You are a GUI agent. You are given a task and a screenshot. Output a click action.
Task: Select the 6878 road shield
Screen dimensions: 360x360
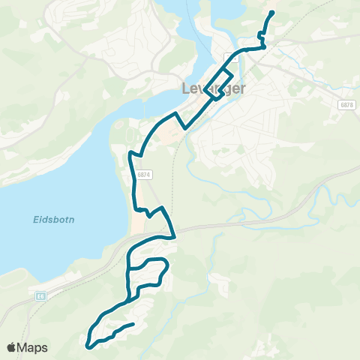(345, 104)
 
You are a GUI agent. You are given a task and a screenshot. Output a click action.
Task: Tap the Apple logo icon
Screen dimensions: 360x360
(11, 347)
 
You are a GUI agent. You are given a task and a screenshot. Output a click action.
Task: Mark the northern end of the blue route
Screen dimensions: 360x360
(271, 12)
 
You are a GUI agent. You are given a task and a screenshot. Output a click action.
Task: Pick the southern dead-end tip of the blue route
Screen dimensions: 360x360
(133, 324)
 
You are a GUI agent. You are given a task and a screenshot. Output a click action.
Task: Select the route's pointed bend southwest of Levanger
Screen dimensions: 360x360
(176, 113)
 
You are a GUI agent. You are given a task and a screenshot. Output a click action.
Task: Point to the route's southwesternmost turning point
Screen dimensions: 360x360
(88, 346)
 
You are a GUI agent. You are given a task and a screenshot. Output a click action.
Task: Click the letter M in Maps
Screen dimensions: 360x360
(24, 347)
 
